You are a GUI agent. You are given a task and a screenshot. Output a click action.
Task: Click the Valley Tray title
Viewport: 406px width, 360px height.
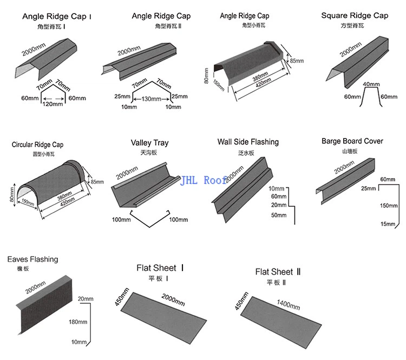[149, 143]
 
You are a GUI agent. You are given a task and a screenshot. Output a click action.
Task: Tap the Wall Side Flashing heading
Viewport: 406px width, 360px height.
[248, 142]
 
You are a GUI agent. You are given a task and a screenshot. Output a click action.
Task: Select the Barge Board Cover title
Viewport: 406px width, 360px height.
[352, 141]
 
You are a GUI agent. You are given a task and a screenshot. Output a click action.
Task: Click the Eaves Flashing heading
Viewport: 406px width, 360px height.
[32, 260]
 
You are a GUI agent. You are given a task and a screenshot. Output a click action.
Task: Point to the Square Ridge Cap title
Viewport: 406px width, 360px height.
[355, 16]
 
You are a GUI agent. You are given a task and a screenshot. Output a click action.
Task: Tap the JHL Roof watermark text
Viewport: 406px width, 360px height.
[204, 180]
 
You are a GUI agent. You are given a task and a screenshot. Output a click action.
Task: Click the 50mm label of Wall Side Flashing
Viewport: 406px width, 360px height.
[279, 215]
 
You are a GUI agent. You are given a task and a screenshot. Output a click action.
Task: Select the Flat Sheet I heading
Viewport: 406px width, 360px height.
[160, 268]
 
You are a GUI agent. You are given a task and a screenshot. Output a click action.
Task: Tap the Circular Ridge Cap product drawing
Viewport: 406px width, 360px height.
[51, 187]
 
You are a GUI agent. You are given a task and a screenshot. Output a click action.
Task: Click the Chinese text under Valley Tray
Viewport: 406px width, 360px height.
[149, 153]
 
